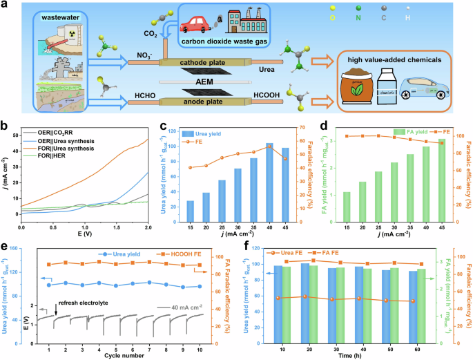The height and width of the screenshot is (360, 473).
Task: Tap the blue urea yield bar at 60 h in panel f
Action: [x=412, y=305]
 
